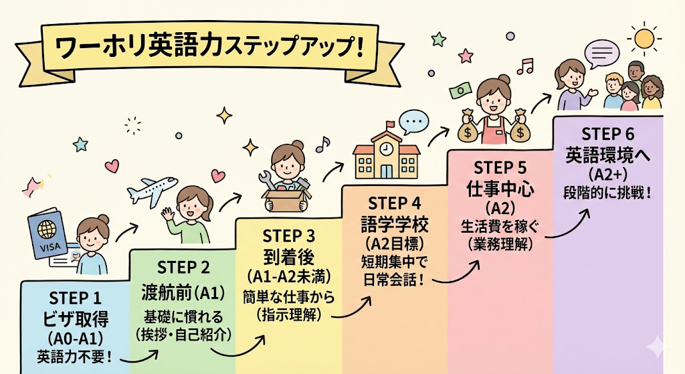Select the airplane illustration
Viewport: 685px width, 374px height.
click(x=153, y=190)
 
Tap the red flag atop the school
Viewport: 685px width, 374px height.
click(x=389, y=124)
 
